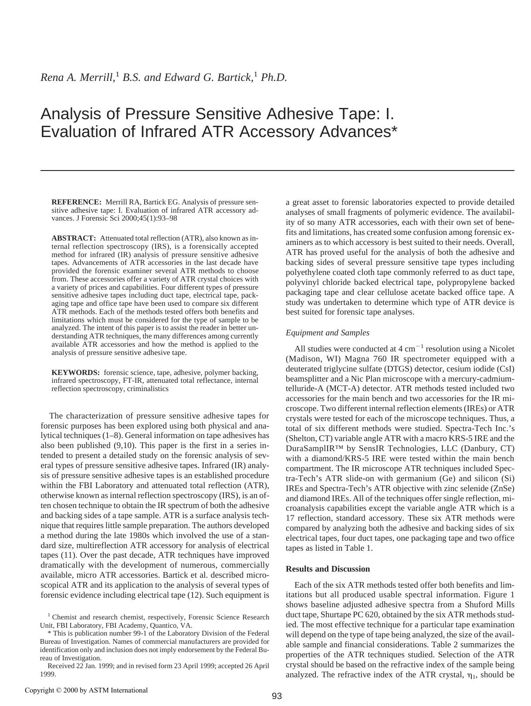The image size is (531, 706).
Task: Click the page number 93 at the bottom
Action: click(x=277, y=696)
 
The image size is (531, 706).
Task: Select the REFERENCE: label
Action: click(x=76, y=202)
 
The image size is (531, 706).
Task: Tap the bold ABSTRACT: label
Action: click(x=74, y=238)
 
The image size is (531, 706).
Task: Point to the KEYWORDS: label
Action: click(x=75, y=373)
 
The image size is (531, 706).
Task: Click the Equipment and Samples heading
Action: click(x=327, y=333)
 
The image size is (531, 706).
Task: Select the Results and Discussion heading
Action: click(x=328, y=569)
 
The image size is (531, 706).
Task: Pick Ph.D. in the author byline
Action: click(x=274, y=77)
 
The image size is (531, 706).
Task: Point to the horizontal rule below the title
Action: click(x=277, y=171)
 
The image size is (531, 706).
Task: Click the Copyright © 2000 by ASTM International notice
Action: click(x=86, y=690)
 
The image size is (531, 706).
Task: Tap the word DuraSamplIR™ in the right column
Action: click(x=315, y=448)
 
